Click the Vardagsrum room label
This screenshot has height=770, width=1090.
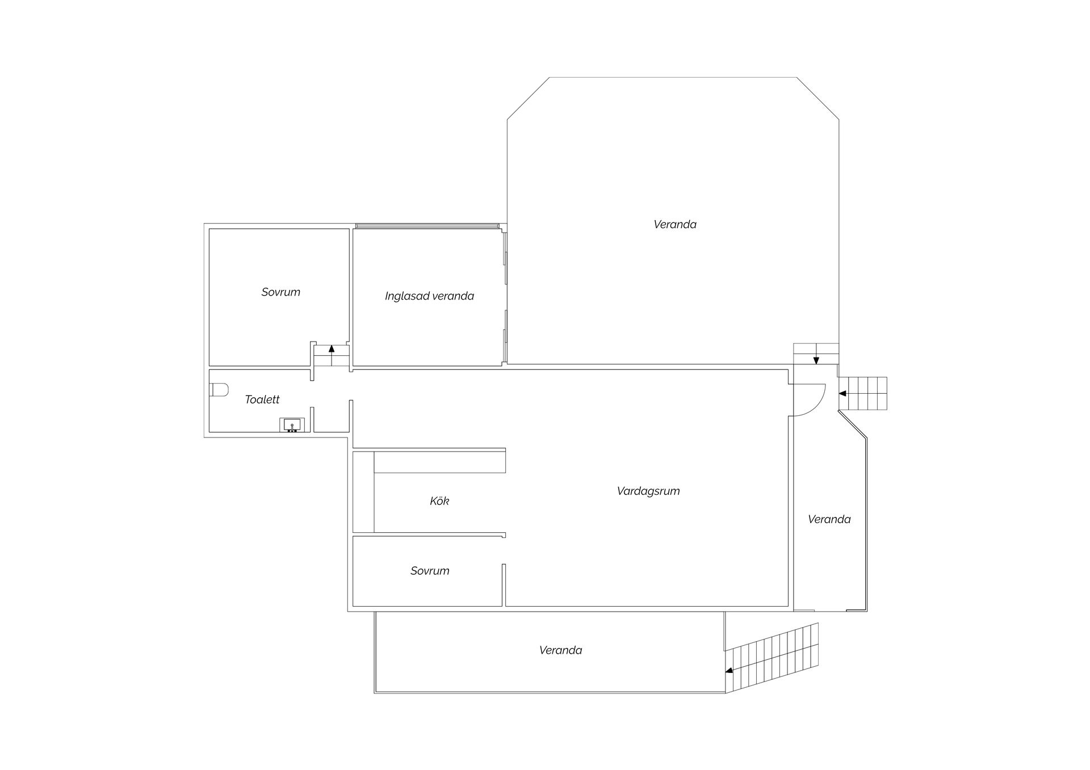point(648,491)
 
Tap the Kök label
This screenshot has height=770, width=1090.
point(439,501)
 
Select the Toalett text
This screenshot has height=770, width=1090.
point(262,399)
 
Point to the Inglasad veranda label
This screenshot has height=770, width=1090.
point(429,296)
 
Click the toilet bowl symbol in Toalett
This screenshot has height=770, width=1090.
point(219,390)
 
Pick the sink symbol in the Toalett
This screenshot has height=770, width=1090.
point(292,425)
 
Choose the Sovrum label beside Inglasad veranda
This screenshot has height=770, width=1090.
point(280,292)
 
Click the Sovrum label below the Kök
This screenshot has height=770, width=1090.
point(430,571)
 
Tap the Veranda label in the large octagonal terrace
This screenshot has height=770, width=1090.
point(675,225)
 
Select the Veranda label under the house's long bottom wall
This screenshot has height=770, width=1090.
point(561,650)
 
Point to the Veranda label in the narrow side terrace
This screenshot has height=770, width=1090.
point(829,519)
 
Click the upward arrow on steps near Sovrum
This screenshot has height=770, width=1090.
point(332,355)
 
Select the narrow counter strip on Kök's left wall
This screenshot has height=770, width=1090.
point(363,492)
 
